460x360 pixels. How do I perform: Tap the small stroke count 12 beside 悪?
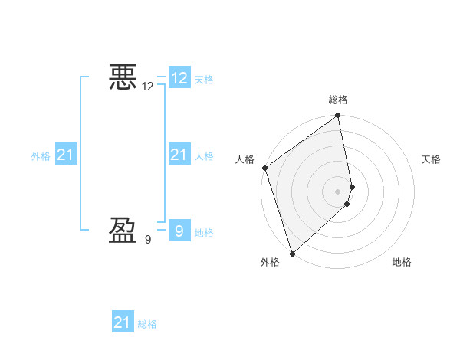148,87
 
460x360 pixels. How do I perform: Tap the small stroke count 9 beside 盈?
148,240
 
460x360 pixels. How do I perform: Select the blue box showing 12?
179,78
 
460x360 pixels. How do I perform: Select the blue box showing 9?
179,231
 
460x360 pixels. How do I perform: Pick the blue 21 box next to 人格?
179,155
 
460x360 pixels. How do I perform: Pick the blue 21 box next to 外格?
65,155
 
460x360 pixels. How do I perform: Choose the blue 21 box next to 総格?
123,322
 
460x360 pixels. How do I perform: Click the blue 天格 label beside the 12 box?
204,80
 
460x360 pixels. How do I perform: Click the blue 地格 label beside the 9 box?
204,233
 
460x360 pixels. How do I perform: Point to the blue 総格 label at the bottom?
147,324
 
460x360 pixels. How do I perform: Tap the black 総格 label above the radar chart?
338,100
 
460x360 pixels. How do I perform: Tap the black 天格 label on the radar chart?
431,159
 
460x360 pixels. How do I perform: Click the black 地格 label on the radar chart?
402,262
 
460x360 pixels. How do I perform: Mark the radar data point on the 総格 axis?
338,116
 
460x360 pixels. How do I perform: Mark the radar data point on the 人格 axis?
264,168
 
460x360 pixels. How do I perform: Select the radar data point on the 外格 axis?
292,253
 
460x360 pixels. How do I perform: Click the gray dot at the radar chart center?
338,191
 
